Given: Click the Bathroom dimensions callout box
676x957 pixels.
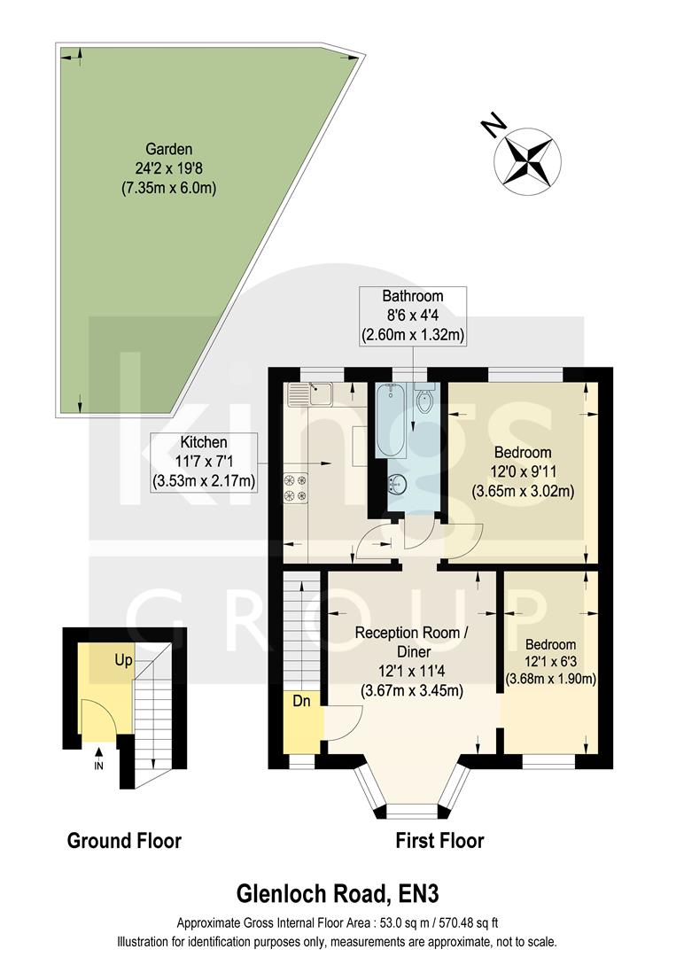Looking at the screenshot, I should point(412,315).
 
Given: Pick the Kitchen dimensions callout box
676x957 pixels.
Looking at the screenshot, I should point(205,461).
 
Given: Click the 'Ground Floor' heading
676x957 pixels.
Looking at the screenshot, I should point(124,840).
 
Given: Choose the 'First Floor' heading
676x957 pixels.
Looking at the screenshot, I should point(439,840).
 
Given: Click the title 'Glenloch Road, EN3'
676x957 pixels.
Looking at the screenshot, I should point(337,891).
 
